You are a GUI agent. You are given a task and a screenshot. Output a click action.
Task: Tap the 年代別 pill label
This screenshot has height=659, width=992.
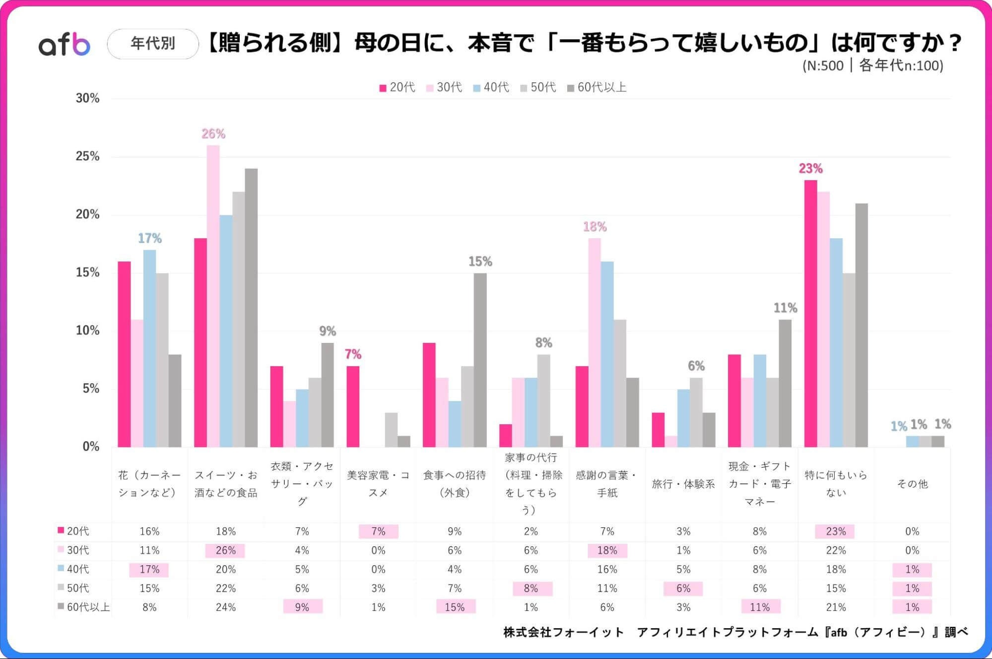click(153, 44)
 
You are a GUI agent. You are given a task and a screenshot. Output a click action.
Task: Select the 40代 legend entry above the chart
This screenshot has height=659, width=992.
click(491, 87)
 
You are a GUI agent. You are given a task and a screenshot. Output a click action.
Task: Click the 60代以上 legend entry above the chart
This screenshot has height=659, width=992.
click(597, 87)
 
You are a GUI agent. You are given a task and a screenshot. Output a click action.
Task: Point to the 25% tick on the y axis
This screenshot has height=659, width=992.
click(87, 156)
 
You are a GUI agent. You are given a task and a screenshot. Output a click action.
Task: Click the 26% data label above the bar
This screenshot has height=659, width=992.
click(213, 133)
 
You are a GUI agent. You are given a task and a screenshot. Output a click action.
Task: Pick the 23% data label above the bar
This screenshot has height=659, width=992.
click(810, 168)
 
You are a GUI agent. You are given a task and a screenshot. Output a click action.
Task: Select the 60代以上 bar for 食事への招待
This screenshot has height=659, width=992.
click(480, 360)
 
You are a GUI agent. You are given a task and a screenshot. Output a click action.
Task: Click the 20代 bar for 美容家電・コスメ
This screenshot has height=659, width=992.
click(353, 406)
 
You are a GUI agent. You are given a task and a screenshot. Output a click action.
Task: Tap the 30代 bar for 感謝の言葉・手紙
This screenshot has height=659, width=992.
click(595, 342)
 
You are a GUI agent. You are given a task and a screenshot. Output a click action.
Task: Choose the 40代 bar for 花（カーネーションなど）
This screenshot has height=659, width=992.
click(149, 348)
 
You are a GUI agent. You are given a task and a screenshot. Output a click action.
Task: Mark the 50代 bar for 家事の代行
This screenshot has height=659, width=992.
click(543, 400)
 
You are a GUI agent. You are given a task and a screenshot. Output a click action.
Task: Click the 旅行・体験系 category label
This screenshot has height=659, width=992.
click(683, 484)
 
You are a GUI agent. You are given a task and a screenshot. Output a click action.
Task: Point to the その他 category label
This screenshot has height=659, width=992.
click(912, 484)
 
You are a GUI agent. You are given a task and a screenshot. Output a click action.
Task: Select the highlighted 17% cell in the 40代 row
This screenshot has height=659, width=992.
click(149, 569)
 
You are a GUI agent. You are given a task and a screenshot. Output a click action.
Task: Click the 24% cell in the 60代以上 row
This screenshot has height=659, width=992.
click(226, 607)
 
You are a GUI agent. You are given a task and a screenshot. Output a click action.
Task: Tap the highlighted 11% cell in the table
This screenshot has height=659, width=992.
click(760, 607)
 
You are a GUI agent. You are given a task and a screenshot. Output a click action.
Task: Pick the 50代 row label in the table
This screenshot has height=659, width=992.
click(78, 588)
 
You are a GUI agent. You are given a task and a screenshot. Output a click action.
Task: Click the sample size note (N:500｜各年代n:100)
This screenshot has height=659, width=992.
click(872, 66)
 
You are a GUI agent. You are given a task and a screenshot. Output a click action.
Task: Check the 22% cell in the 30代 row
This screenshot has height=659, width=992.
click(836, 550)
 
